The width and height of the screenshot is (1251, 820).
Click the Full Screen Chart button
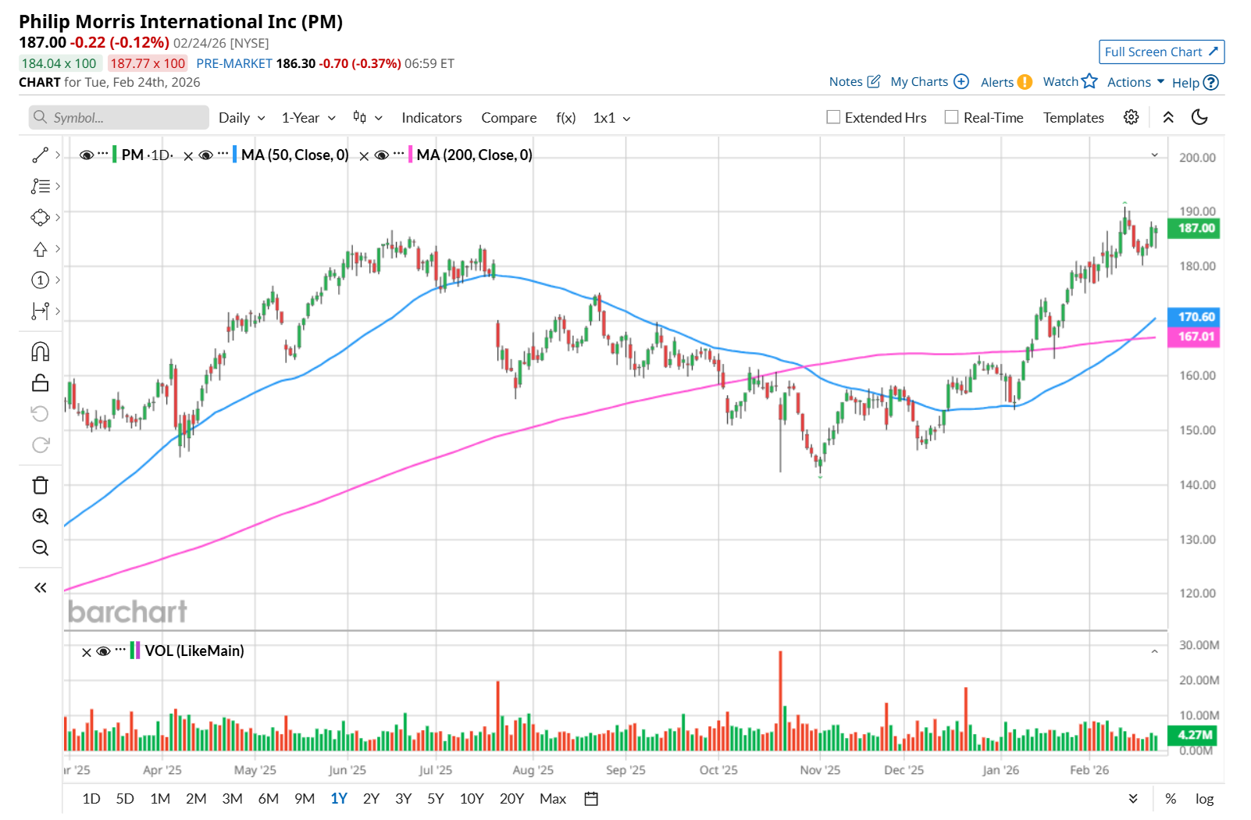(1160, 52)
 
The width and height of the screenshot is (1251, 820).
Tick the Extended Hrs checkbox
(833, 117)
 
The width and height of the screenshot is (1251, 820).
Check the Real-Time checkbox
(951, 117)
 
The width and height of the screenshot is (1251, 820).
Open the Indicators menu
(431, 118)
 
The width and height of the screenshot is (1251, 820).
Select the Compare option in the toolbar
(508, 118)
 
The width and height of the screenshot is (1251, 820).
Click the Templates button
(1073, 118)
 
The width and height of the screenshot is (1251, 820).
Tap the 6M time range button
(268, 798)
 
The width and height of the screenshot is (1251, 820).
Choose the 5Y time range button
(435, 798)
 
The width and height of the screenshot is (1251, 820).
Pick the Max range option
(552, 798)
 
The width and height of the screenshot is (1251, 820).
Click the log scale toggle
(1204, 798)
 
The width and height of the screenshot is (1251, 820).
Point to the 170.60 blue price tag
(1196, 317)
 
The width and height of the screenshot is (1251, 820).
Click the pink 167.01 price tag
(1196, 337)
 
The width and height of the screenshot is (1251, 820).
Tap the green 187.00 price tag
(1196, 228)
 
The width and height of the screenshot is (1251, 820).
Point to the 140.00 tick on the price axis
(1196, 485)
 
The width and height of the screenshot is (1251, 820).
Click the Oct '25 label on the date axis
(718, 770)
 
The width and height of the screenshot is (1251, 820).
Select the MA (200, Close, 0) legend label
(474, 155)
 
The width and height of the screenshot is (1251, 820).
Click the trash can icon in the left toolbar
(41, 485)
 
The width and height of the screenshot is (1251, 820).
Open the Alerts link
(997, 82)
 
